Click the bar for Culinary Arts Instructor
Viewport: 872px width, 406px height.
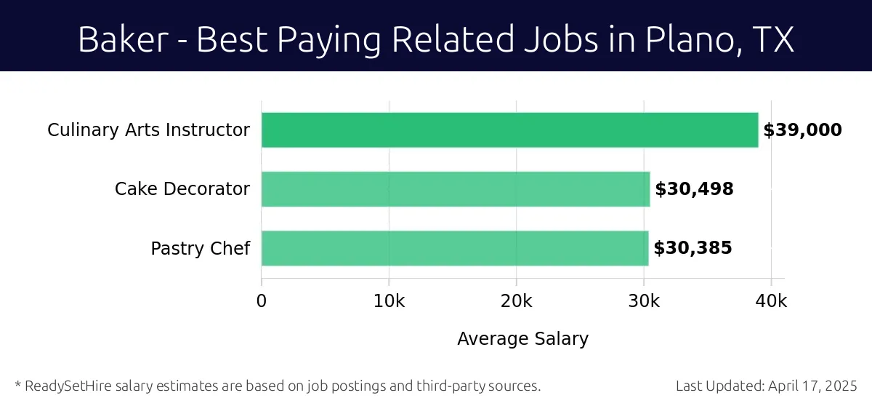coord(509,130)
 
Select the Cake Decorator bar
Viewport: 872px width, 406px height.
coord(456,189)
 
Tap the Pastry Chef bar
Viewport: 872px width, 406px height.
coord(455,248)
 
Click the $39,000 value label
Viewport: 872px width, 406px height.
coord(802,130)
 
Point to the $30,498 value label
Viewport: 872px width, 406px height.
coord(694,189)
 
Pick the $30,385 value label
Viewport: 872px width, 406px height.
coord(693,248)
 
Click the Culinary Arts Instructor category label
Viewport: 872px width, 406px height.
coord(148,130)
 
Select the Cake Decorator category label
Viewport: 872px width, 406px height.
coord(182,189)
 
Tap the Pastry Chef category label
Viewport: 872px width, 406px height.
coord(200,248)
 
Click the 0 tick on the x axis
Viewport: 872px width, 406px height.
coord(262,301)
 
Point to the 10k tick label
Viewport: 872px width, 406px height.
coord(389,301)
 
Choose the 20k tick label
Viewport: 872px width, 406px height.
coord(517,301)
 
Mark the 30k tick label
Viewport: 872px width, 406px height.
coord(644,301)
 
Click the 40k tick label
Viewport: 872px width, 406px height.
coord(771,301)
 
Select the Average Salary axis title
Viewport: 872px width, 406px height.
coord(522,338)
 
